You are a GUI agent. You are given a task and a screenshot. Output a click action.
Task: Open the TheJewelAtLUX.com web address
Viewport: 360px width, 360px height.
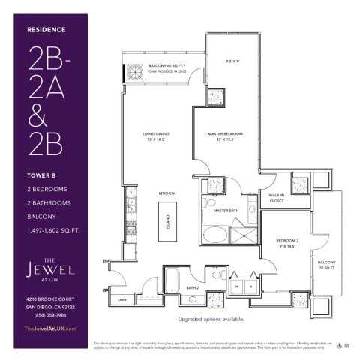coord(51,328)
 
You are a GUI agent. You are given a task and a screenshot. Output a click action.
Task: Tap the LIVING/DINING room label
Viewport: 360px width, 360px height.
coord(154,135)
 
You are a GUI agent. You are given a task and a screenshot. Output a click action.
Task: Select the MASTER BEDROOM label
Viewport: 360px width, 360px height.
coord(226,135)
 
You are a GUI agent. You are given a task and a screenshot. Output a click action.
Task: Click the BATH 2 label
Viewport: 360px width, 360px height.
coord(192,286)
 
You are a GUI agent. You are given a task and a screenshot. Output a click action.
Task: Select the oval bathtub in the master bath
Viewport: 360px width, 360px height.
coord(214,232)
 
